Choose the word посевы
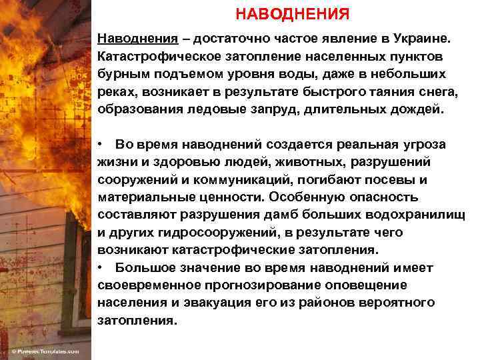[393, 180]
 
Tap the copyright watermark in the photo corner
[45, 351]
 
